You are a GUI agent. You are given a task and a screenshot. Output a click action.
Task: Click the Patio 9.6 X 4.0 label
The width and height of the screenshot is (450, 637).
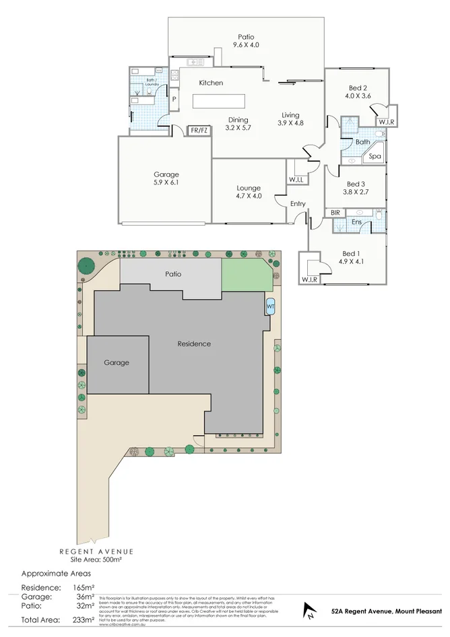click(245, 41)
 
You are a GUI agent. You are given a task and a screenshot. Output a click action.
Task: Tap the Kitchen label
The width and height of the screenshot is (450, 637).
click(210, 83)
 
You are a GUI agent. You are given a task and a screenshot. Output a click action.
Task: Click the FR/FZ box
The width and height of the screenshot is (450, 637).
click(198, 131)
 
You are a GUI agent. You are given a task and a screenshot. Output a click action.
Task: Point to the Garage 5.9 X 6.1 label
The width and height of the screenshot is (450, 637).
click(166, 178)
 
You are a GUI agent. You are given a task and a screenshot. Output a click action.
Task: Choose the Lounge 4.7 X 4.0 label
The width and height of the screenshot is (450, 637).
click(248, 192)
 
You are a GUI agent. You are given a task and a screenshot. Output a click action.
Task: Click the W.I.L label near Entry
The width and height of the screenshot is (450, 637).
click(296, 180)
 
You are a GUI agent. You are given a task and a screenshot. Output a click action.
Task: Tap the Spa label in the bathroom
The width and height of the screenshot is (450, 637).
click(375, 156)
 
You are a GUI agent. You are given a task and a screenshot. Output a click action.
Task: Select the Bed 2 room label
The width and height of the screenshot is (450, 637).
click(357, 92)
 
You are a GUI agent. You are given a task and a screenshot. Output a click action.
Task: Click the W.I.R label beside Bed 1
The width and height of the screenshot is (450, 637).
click(309, 279)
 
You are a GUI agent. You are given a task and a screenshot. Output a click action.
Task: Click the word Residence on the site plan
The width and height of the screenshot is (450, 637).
click(194, 343)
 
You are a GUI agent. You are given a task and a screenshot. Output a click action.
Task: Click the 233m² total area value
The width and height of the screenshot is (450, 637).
click(84, 619)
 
